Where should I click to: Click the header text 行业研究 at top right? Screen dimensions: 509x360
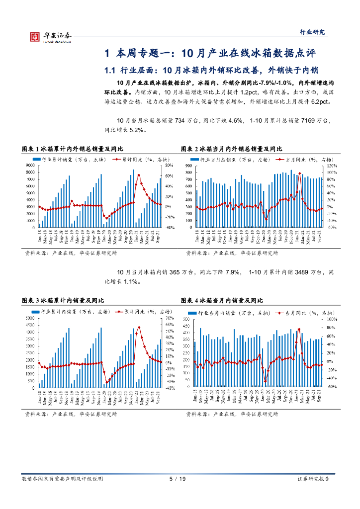[x=314, y=32]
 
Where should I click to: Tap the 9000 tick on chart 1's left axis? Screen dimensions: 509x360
[x=30, y=165]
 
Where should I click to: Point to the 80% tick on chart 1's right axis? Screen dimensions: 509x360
[x=169, y=165]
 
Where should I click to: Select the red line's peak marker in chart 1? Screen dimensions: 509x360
[x=139, y=175]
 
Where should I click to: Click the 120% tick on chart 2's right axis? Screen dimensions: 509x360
[x=331, y=165]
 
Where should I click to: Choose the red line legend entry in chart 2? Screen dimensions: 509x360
[x=304, y=160]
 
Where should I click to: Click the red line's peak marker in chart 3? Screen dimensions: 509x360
[x=139, y=327]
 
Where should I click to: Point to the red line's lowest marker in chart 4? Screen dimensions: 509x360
[x=266, y=381]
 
